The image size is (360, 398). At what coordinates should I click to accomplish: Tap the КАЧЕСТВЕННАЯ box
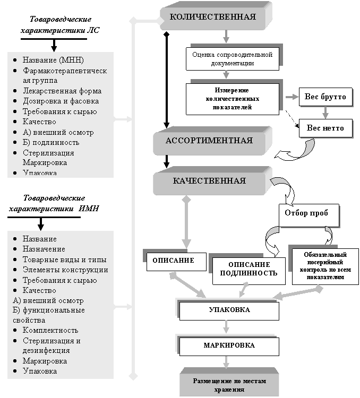209,181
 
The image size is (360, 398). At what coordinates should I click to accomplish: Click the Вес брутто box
325,97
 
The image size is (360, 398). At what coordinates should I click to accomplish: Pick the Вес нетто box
325,128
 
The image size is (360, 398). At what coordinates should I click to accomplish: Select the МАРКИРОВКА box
229,345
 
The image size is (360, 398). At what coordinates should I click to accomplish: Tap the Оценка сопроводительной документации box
232,58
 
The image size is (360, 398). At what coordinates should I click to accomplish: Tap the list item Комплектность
50,331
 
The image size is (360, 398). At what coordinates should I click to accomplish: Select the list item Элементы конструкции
65,270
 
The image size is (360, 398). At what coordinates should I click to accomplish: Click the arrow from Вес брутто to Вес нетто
325,113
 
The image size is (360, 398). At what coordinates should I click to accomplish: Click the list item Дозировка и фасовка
61,101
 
